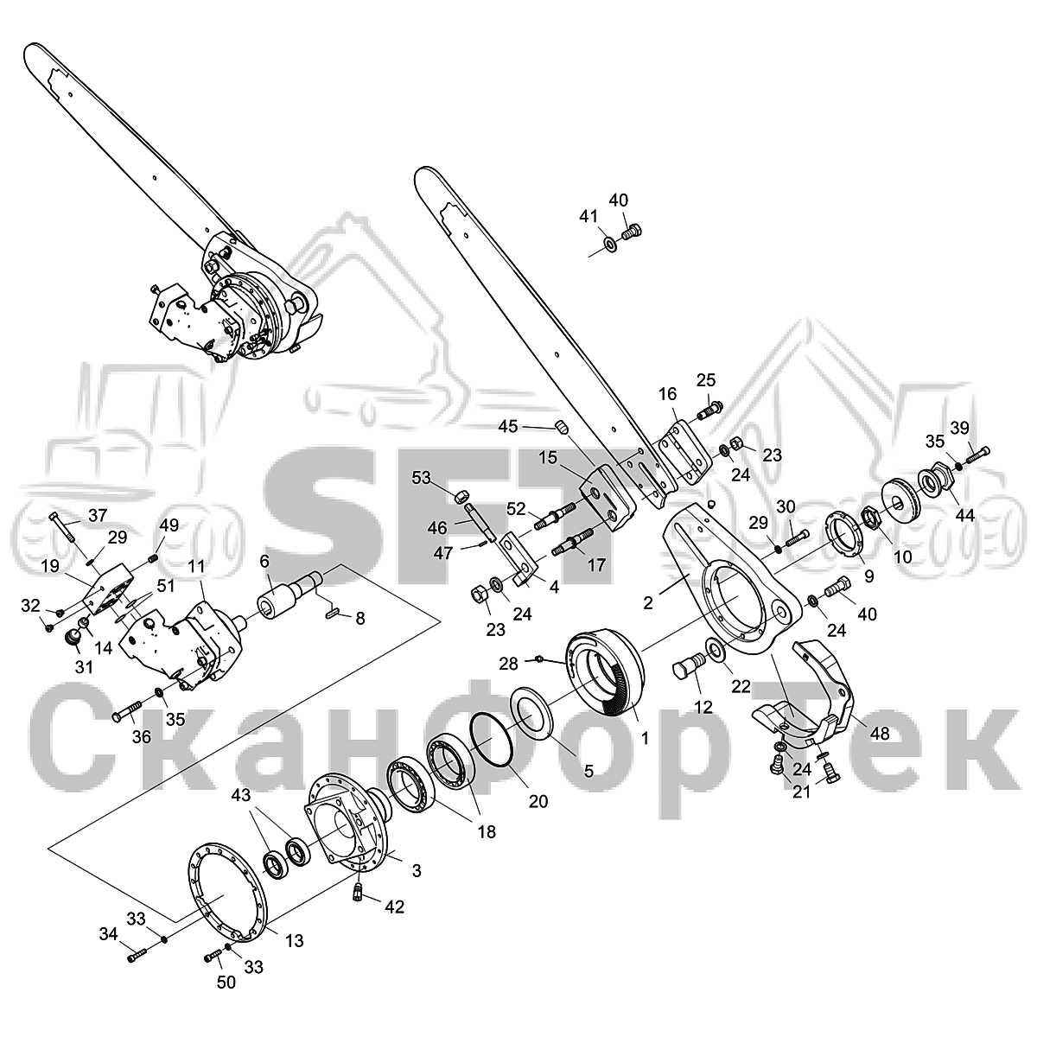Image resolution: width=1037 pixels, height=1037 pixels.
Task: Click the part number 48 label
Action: click(x=880, y=734)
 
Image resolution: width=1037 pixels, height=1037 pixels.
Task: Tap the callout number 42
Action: click(x=394, y=907)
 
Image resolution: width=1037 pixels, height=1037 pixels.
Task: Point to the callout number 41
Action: click(x=588, y=216)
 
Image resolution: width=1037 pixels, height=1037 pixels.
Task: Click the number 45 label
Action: click(x=508, y=426)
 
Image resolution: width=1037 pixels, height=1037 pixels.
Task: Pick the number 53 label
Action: click(x=422, y=477)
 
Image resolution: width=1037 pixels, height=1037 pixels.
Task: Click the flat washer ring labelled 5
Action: click(x=532, y=713)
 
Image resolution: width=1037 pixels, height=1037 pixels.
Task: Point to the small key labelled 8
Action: click(x=334, y=612)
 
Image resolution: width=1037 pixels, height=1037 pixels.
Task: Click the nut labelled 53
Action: click(x=461, y=496)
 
